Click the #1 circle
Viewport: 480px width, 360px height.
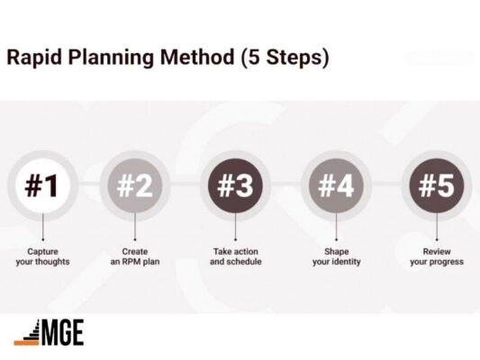click(x=42, y=185)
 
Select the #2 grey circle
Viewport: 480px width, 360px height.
click(x=134, y=185)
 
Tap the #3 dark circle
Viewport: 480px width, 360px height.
click(x=236, y=185)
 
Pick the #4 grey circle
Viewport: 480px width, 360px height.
click(x=336, y=185)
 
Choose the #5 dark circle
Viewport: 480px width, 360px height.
click(x=437, y=185)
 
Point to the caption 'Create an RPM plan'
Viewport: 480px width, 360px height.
click(x=134, y=256)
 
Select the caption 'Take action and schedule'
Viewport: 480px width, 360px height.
click(x=236, y=256)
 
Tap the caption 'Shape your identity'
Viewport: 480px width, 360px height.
click(x=336, y=256)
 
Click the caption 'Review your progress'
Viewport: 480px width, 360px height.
click(x=437, y=256)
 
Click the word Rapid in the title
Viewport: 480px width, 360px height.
click(x=34, y=58)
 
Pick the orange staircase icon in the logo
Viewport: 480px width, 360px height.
click(x=26, y=335)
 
